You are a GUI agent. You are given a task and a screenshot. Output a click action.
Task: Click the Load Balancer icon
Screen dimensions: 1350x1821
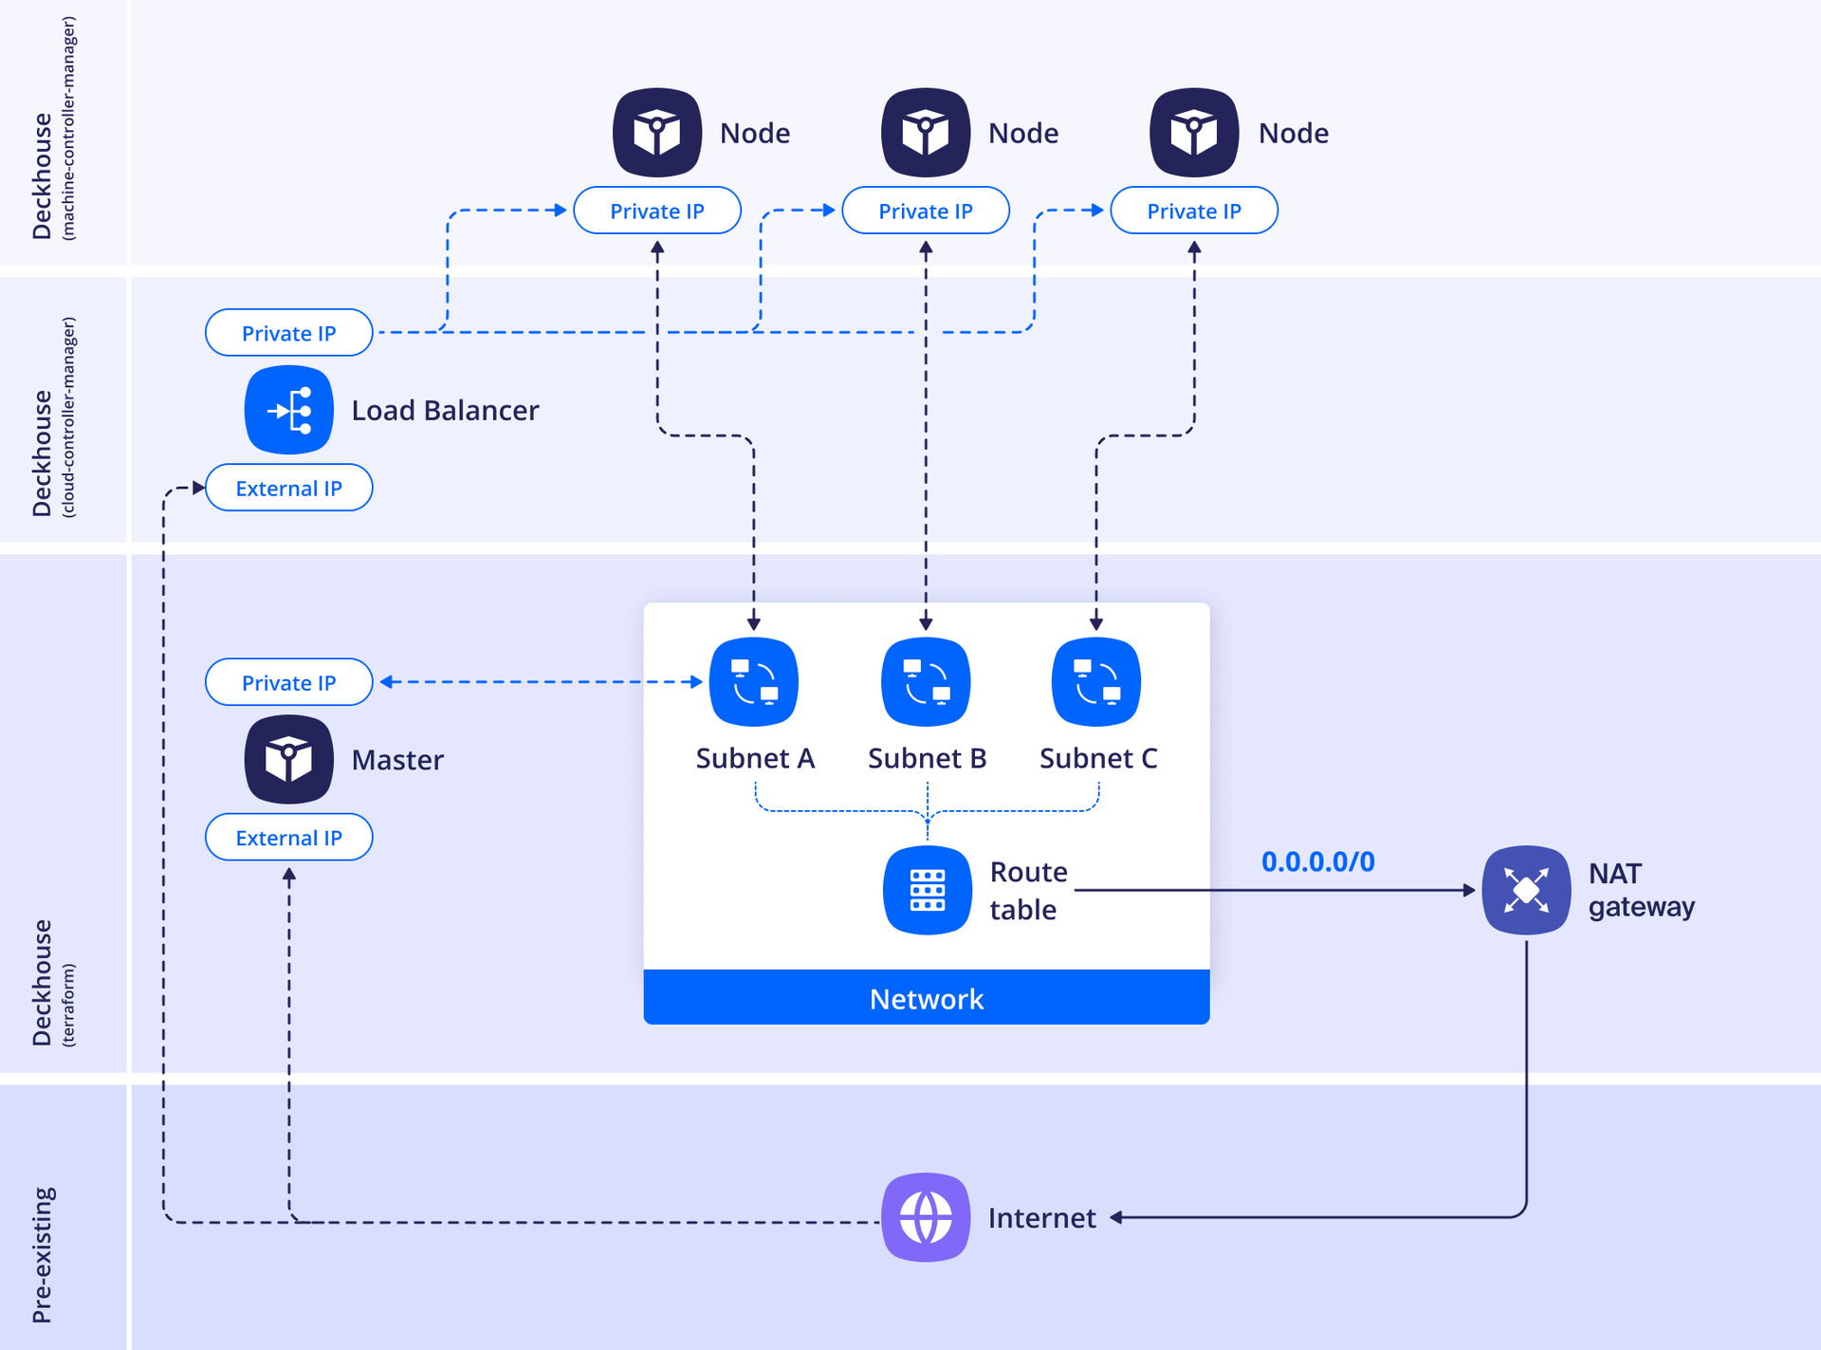point(288,410)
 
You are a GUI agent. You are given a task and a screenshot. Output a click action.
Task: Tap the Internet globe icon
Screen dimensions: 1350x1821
point(926,1217)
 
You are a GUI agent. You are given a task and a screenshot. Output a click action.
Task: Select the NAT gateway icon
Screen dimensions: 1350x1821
point(1526,890)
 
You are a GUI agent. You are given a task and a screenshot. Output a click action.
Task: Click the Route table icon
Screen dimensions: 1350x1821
point(927,890)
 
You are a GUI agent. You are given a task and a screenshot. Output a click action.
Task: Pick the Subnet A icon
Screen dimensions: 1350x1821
point(754,681)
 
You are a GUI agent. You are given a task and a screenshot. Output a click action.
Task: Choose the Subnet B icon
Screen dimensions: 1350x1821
point(926,681)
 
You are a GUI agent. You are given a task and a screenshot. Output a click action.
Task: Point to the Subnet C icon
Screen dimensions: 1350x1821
point(1096,681)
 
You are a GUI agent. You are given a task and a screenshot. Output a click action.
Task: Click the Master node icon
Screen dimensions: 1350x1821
point(288,759)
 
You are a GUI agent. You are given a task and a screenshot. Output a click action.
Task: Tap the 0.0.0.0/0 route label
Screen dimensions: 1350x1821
point(1317,861)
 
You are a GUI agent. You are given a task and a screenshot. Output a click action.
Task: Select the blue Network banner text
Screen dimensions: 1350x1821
point(927,999)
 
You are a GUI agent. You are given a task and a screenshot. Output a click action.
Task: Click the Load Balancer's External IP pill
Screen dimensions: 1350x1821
point(288,488)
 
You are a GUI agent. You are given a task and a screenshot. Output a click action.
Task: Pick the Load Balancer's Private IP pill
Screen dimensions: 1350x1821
point(288,333)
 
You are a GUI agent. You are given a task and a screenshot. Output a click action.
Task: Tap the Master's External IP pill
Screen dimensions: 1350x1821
point(288,838)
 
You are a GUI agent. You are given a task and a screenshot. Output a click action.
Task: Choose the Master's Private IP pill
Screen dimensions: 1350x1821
point(288,682)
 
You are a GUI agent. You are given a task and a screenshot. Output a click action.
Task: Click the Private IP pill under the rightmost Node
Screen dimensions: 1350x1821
point(1194,211)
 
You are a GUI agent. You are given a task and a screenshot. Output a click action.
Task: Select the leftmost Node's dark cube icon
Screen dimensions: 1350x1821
point(657,133)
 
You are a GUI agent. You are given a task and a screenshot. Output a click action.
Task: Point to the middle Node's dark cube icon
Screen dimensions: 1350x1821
point(926,133)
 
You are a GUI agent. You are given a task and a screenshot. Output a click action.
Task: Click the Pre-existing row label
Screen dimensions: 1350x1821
point(44,1254)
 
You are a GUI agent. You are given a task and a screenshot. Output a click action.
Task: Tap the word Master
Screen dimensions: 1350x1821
point(397,760)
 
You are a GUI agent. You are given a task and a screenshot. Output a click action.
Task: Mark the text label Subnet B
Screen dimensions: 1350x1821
point(927,758)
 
